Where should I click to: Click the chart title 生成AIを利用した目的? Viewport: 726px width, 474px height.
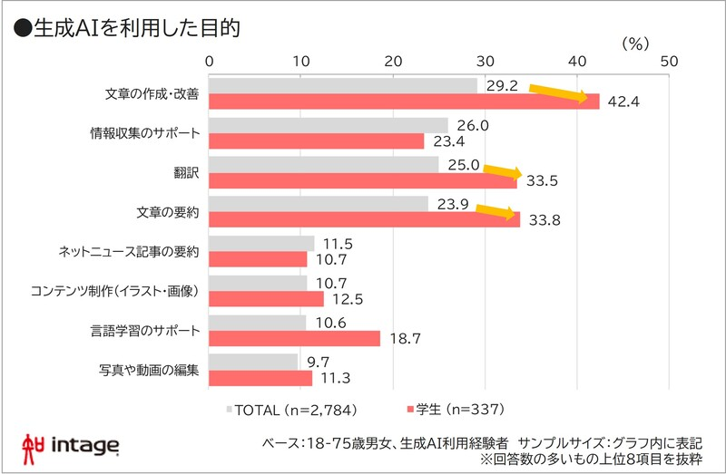click(x=127, y=27)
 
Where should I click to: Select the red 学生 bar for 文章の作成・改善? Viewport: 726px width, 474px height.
click(x=404, y=102)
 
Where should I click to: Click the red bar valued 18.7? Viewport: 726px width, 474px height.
click(x=294, y=338)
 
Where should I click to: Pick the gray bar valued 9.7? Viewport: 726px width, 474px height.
click(x=253, y=362)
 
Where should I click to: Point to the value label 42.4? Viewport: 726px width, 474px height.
click(x=623, y=102)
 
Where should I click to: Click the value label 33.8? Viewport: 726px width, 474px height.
click(x=544, y=219)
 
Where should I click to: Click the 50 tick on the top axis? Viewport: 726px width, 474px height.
click(x=669, y=61)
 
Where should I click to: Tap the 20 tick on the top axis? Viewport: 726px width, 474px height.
click(x=393, y=61)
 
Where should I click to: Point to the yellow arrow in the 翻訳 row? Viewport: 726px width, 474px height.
click(x=502, y=171)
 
